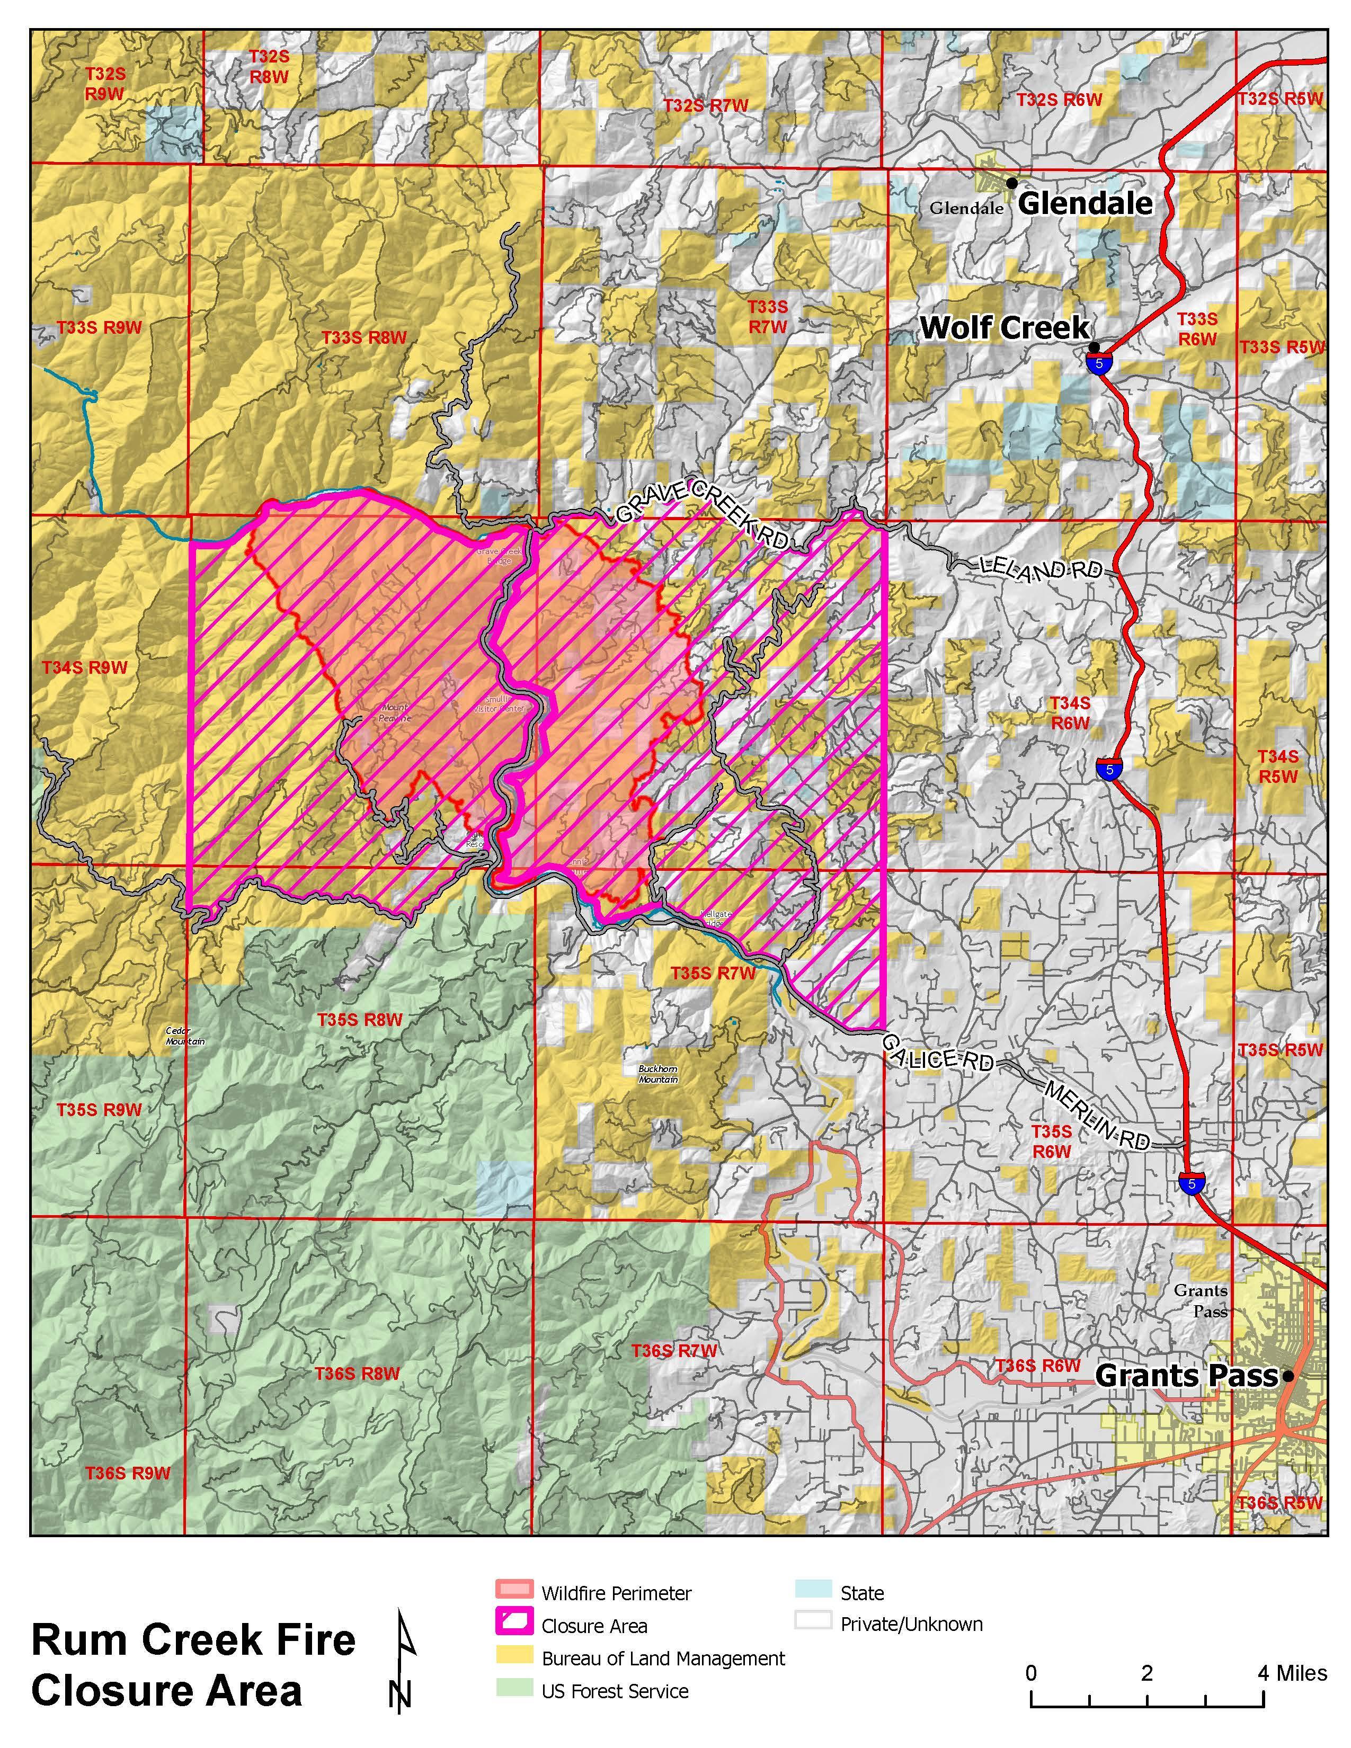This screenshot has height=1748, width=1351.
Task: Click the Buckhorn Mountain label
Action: coord(658,1074)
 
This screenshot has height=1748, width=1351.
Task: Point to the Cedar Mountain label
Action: coord(185,1036)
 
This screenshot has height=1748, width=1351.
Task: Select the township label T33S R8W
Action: coord(364,338)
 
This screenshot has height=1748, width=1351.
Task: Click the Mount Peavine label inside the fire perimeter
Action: coord(395,712)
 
